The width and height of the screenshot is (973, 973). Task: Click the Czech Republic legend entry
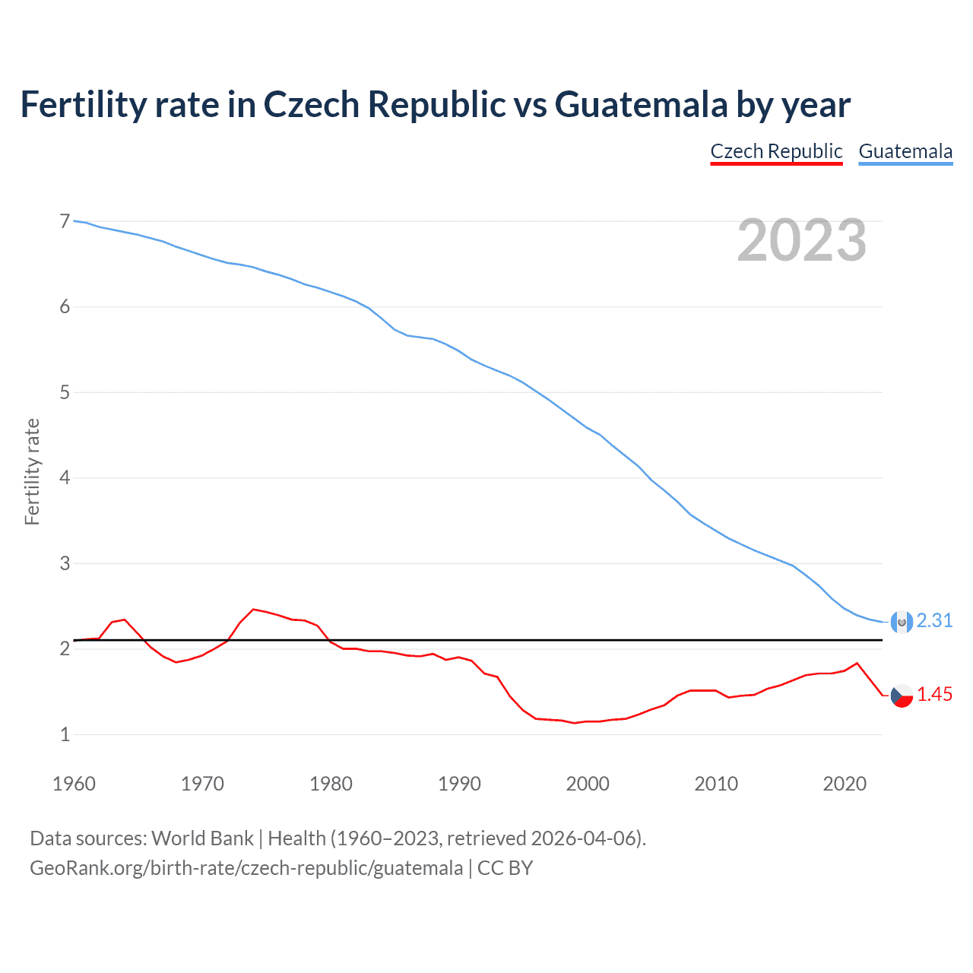coord(776,151)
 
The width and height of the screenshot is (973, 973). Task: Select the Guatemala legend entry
coord(905,151)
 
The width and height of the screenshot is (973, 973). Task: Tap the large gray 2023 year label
coord(802,240)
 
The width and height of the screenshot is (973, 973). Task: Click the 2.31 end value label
coord(934,620)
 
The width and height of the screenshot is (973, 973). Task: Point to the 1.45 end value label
coord(934,694)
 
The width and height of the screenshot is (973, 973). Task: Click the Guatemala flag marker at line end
coord(902,622)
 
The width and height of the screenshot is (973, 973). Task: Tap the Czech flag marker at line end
coord(902,696)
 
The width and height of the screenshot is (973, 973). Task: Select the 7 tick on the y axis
coord(65,222)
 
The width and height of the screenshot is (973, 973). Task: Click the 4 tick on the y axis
coord(65,478)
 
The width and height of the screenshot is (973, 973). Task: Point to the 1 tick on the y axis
coord(65,734)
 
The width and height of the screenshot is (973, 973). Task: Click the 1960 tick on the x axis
coord(74,784)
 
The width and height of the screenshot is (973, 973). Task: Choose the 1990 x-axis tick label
coord(459,784)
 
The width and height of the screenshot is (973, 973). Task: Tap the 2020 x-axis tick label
coord(845,784)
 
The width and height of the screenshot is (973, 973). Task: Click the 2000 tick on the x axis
coord(588,784)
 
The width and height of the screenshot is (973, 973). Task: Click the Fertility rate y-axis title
coord(32,471)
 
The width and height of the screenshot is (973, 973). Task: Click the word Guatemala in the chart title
coord(641,105)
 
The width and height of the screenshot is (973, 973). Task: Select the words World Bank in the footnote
coord(202,838)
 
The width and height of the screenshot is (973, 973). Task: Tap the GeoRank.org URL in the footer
coord(246,868)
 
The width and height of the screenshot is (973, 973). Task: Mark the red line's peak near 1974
coord(253,609)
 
